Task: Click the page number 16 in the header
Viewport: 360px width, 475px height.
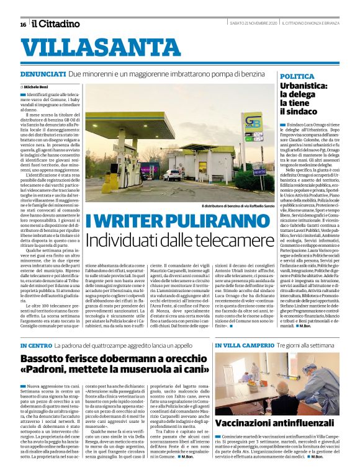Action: (x=23, y=24)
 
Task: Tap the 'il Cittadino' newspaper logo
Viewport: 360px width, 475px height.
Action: (x=56, y=24)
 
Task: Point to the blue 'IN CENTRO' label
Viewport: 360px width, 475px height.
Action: (x=35, y=345)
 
